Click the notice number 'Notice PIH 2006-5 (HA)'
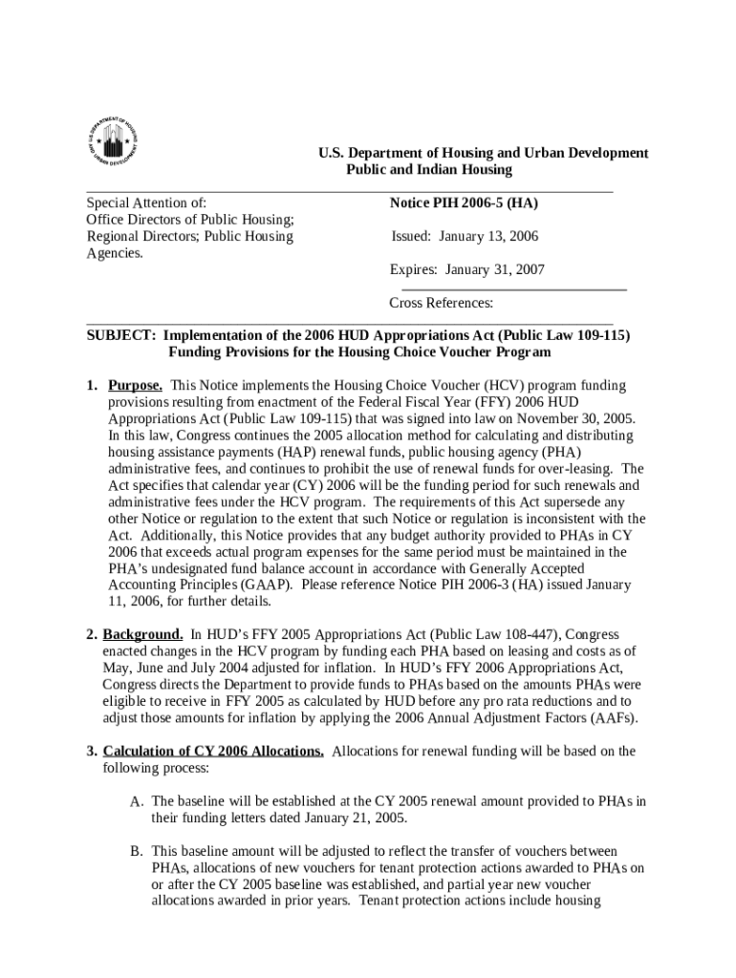pos(462,202)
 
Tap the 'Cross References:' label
pos(441,303)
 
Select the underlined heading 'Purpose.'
pos(135,386)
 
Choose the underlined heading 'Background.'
pos(143,635)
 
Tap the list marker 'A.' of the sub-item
pos(138,801)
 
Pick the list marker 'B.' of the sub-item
pos(138,851)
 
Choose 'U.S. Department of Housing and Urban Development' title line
pos(483,153)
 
